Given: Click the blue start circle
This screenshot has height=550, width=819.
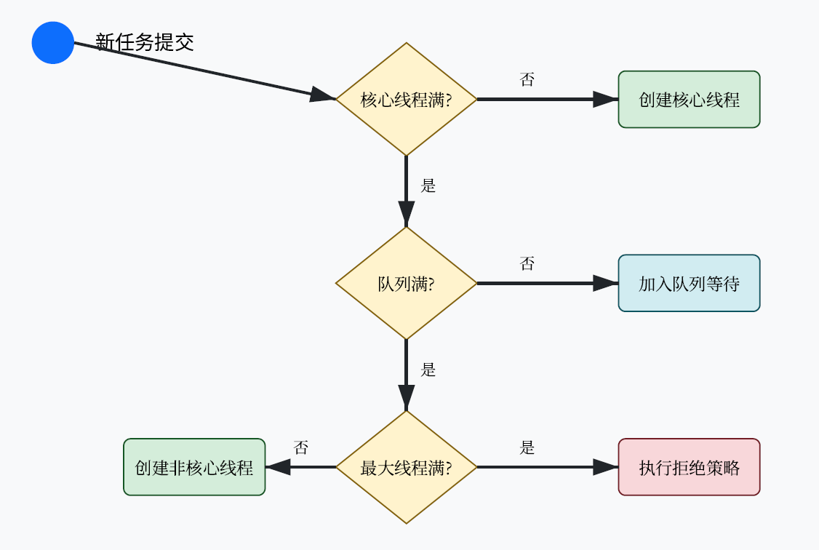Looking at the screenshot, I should point(53,43).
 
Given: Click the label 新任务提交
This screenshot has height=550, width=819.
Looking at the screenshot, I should point(145,42).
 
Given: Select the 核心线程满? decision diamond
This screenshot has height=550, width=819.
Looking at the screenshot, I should point(406,100).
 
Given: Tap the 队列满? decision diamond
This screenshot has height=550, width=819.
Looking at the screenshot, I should point(406,284).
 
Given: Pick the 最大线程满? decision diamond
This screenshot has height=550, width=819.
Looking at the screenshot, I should point(406,468).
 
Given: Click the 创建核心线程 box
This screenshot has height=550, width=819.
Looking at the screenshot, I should point(689,100).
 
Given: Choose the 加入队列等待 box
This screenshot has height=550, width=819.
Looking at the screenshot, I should point(689,284).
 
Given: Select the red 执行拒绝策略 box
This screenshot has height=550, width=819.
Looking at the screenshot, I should point(689,468).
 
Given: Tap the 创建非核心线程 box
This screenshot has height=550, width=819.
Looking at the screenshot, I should point(194,468).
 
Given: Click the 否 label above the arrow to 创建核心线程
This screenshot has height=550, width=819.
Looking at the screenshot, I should point(527,80).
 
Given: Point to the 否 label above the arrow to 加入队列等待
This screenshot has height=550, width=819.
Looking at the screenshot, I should point(527,264).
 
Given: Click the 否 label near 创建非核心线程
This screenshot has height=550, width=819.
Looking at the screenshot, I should point(301,448).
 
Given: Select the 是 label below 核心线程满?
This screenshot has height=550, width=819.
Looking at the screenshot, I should point(428,186).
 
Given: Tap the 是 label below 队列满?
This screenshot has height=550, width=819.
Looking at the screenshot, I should point(428,370).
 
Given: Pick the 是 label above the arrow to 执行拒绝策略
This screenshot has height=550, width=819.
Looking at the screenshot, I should point(527,448).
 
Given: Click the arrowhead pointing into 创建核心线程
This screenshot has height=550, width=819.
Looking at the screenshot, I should point(606,100).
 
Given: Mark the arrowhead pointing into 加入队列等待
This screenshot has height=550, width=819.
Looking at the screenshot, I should point(606,284).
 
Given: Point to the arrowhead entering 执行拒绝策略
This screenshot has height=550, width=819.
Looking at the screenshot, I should point(606,468).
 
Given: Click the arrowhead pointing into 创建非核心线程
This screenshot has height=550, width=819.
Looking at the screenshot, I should point(279,468).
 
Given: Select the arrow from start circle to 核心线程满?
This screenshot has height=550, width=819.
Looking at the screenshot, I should point(204,71).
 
